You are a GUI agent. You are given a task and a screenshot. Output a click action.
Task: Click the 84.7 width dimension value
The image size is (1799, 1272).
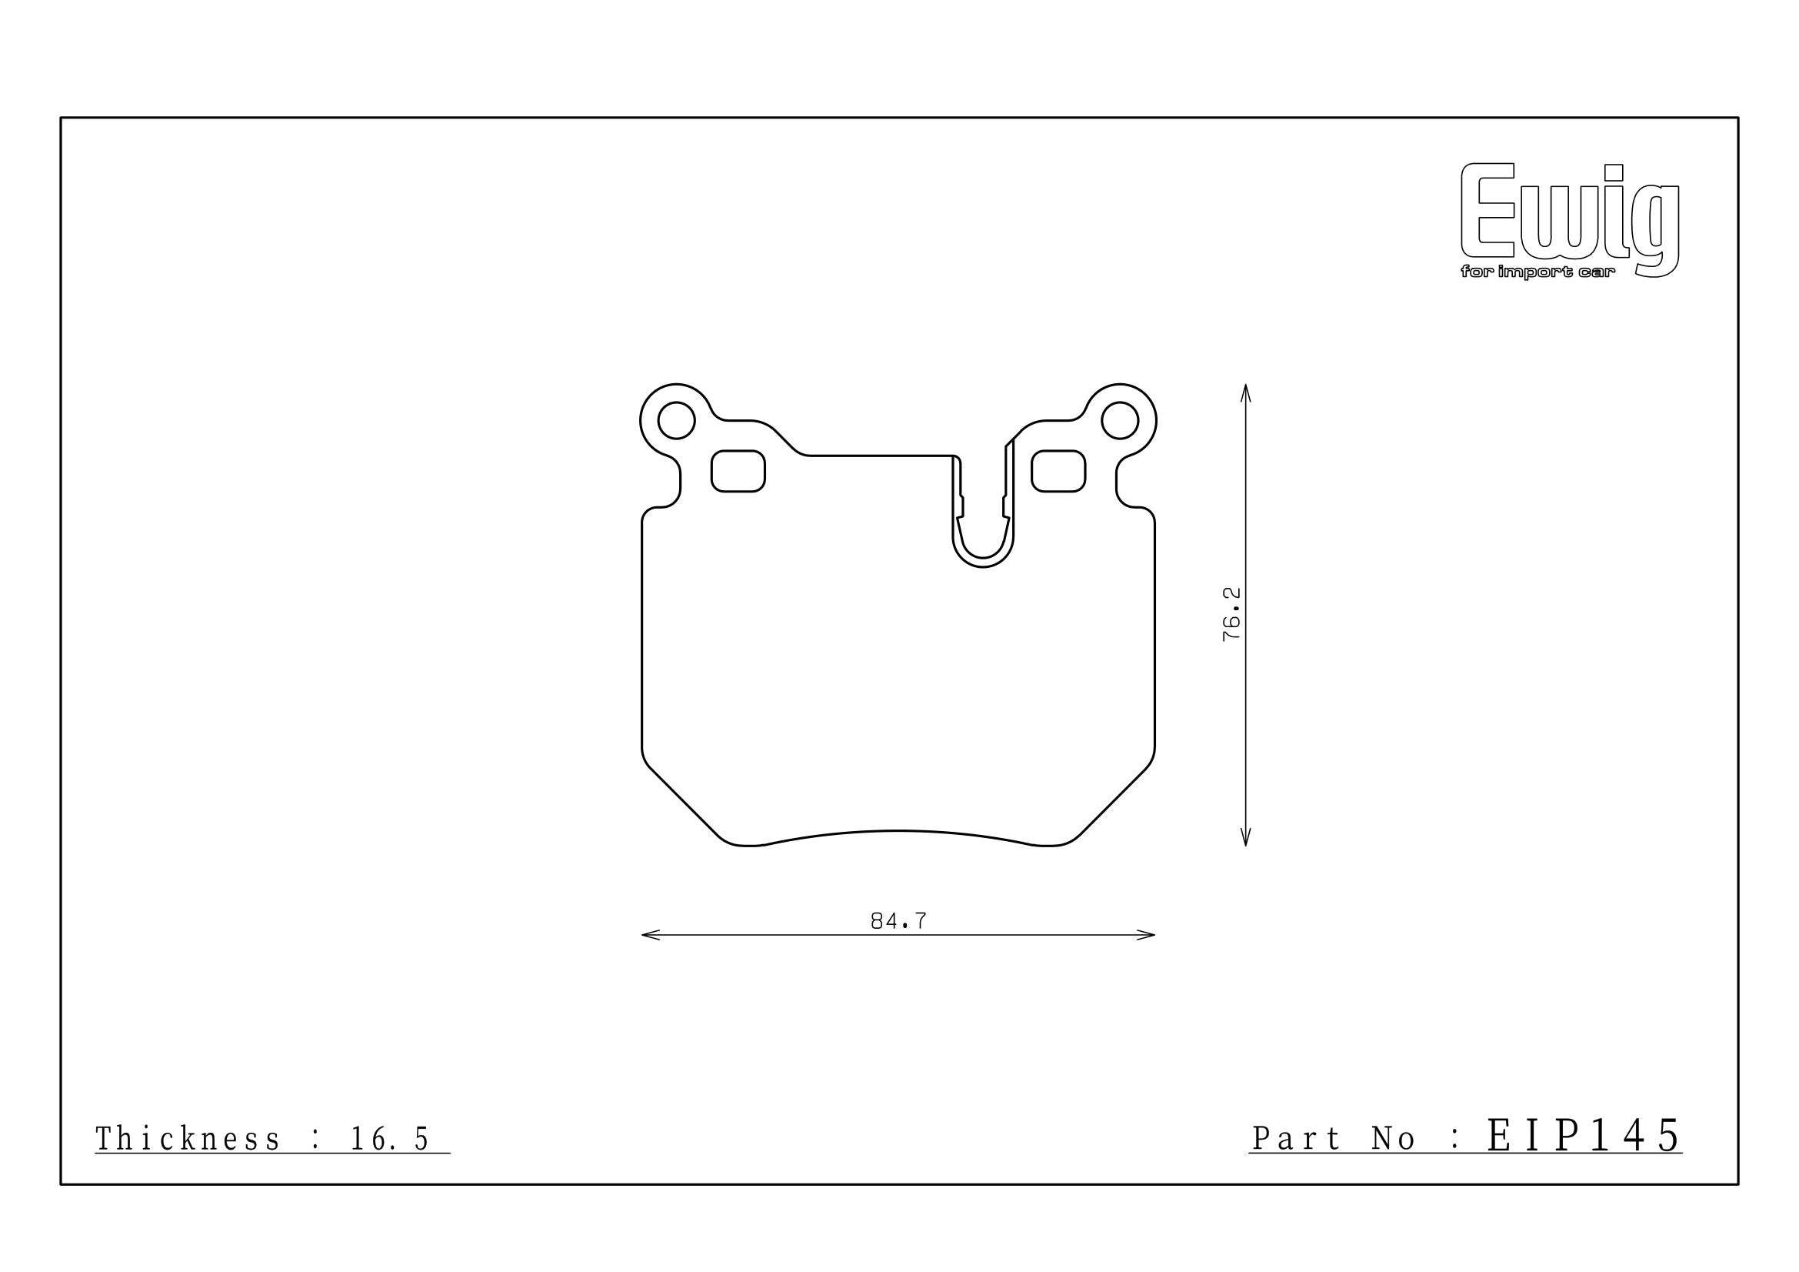(x=898, y=922)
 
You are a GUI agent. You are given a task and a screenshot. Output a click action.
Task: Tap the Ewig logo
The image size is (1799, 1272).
(x=1571, y=220)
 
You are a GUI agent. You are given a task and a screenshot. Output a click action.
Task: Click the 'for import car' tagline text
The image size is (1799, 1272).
(x=1538, y=272)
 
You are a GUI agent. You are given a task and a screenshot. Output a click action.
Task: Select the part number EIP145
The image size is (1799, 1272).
(x=1584, y=1136)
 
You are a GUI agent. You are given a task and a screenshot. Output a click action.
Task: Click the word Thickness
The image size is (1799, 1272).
(x=187, y=1139)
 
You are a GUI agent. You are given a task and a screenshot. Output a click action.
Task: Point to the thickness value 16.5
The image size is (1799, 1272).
(x=389, y=1140)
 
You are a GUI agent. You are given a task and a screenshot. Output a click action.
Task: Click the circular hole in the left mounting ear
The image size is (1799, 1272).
(x=676, y=421)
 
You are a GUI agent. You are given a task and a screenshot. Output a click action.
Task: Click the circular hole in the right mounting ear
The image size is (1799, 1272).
(x=1120, y=421)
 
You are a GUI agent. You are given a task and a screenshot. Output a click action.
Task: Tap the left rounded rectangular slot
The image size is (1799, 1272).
(x=738, y=471)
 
